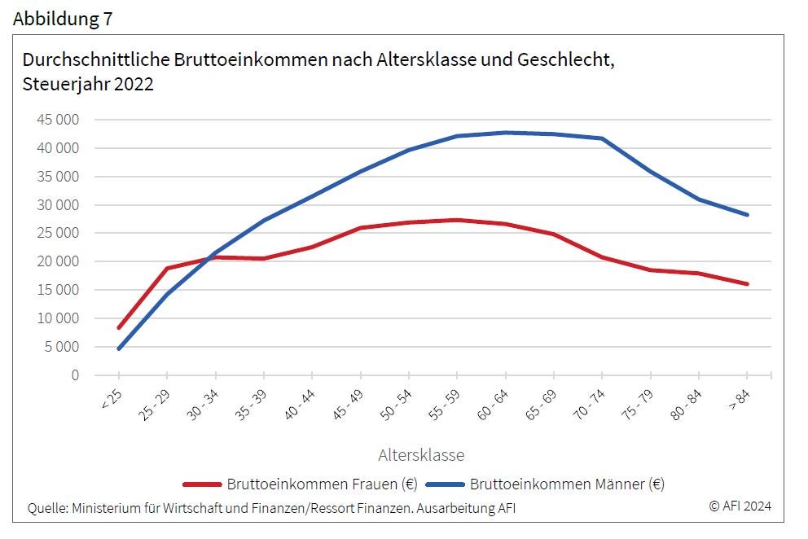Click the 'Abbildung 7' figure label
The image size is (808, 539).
[x=63, y=20]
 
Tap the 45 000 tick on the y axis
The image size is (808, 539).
[x=58, y=120]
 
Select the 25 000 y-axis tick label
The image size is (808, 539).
[x=58, y=233]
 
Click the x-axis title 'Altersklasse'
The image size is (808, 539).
[x=421, y=454]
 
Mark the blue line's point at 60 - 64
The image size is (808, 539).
[x=506, y=133]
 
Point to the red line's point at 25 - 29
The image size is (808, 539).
[x=167, y=268]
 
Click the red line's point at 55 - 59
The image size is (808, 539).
[x=457, y=220]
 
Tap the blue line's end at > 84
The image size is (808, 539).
[x=747, y=215]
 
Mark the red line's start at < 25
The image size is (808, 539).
[x=119, y=327]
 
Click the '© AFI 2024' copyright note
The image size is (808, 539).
[x=740, y=506]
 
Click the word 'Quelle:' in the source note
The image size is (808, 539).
[x=47, y=508]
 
